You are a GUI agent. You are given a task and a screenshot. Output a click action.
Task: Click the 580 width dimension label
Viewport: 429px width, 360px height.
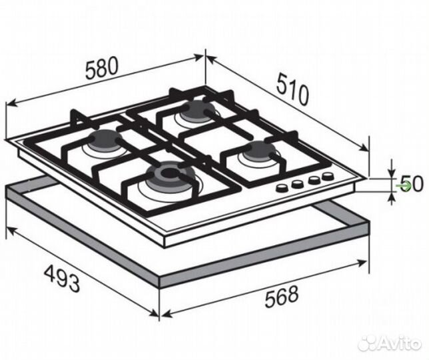click(102, 67)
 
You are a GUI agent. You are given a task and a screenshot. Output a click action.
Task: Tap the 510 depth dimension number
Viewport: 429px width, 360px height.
click(292, 89)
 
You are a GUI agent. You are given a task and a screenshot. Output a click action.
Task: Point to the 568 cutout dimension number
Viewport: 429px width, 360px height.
click(281, 297)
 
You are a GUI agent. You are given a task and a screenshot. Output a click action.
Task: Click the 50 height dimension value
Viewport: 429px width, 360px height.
click(413, 184)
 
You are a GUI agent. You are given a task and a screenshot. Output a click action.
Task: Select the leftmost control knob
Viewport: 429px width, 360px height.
click(281, 188)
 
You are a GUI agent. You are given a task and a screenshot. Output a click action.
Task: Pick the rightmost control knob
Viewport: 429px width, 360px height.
click(327, 176)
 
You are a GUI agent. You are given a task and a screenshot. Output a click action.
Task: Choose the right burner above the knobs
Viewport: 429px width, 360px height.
click(259, 151)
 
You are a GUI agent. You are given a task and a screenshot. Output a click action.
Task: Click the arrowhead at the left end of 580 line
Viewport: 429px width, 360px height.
click(11, 103)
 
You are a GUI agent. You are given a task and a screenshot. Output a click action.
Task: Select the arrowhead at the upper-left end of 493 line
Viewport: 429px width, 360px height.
click(11, 231)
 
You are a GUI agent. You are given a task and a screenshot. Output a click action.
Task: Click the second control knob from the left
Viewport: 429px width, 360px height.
click(296, 184)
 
